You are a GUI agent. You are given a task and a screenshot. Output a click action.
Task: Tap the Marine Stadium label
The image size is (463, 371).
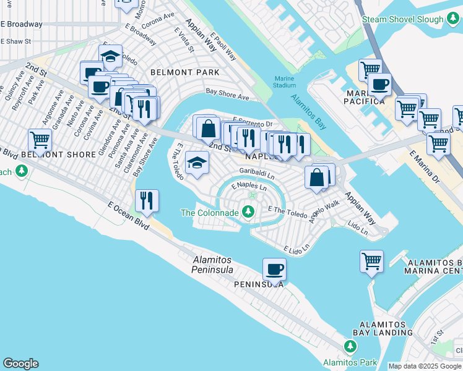pyautogui.click(x=284, y=81)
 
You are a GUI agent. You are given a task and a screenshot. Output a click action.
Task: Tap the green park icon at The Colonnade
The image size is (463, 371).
pyautogui.click(x=248, y=213)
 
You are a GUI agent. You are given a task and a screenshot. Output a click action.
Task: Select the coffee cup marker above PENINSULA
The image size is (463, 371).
pyautogui.click(x=274, y=269)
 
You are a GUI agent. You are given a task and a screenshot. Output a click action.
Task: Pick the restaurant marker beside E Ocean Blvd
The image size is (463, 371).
pyautogui.click(x=147, y=200)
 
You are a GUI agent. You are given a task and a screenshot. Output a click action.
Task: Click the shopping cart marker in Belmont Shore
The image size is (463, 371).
pyautogui.click(x=40, y=140)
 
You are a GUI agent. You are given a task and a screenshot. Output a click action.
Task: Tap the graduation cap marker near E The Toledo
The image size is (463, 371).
pyautogui.click(x=197, y=163)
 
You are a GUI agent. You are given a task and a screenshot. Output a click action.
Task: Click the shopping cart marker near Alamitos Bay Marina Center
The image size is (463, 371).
pyautogui.click(x=371, y=260)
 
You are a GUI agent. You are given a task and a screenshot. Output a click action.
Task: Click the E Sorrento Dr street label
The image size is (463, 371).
pyautogui.click(x=253, y=123)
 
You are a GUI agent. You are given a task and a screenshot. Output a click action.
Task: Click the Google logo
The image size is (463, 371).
pyautogui.click(x=20, y=364)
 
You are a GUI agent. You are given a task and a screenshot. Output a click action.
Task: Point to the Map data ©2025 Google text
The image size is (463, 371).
pyautogui.click(x=425, y=366)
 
